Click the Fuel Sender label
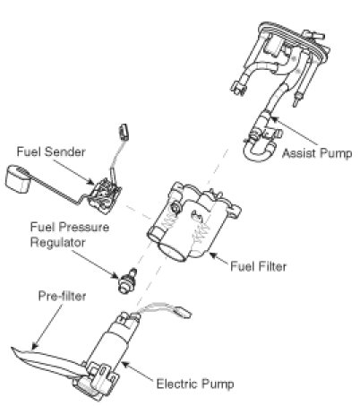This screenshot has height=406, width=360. tap(51, 151)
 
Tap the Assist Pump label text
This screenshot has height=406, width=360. tap(317, 153)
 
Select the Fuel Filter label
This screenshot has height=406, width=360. tap(259, 266)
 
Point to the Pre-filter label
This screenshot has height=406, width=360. tap(62, 296)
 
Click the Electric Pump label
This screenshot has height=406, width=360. tap(195, 384)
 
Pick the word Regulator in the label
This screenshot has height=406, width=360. tap(58, 242)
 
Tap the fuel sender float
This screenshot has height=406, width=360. tap(18, 178)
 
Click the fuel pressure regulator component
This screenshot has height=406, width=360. tap(127, 281)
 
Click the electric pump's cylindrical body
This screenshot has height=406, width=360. tap(109, 347)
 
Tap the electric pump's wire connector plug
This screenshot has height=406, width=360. tap(183, 312)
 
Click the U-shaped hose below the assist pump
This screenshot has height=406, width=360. tap(259, 151)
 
